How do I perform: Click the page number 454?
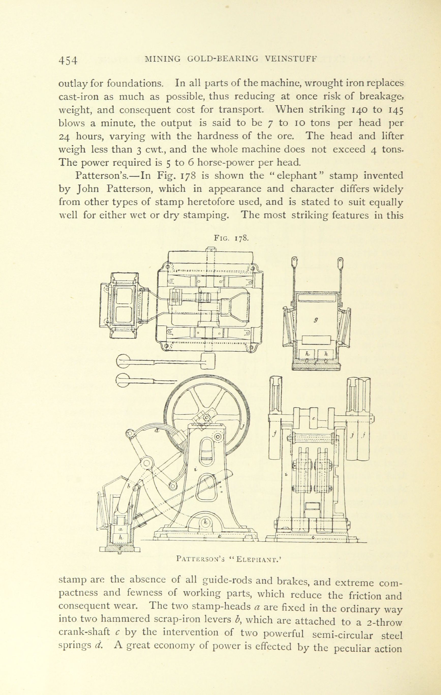click(x=68, y=60)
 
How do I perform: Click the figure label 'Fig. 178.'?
click(x=230, y=239)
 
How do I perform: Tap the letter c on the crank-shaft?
click(x=313, y=418)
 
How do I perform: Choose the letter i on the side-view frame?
click(x=196, y=470)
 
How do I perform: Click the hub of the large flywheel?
click(x=207, y=418)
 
